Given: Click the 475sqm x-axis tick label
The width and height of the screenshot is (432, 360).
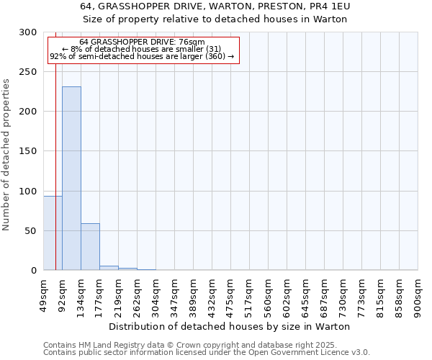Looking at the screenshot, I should point(230,295).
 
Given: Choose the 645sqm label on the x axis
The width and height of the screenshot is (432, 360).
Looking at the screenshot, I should point(305,295).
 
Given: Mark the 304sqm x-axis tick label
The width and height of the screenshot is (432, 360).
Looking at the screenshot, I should point(156,295).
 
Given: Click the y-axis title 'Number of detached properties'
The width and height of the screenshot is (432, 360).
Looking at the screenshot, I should point(6,155).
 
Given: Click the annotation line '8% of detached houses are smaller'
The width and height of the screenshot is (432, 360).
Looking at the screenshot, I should point(141,49).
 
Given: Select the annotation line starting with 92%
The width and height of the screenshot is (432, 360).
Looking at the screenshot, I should point(141,56).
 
